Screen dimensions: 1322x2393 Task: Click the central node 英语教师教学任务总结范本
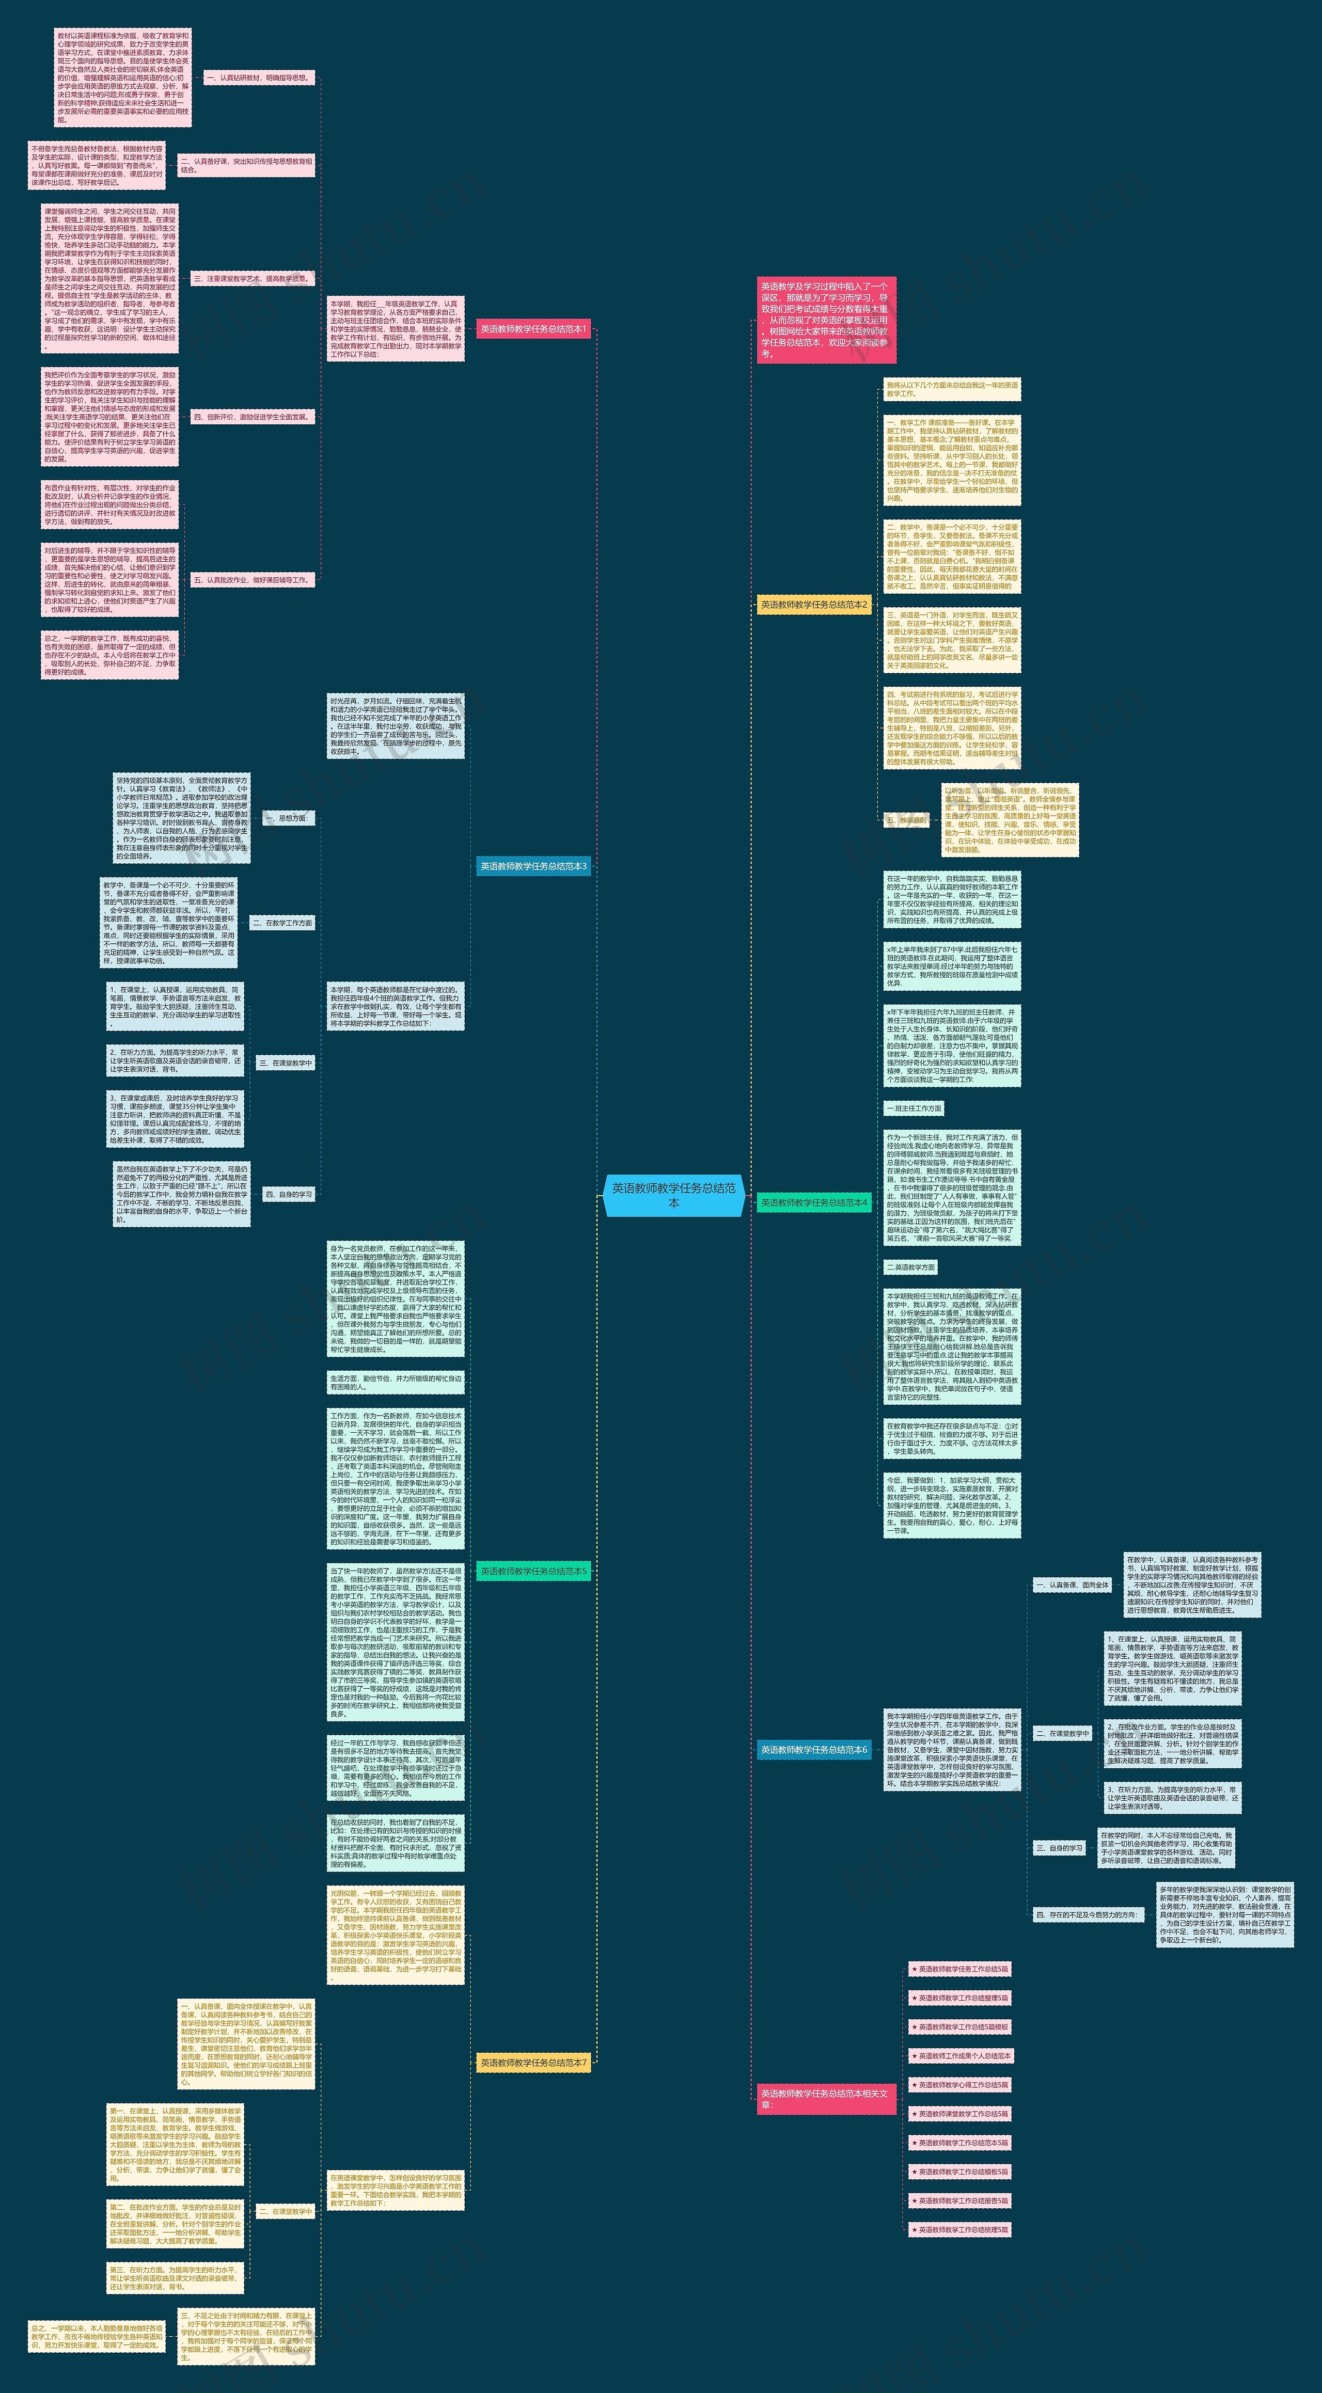(x=673, y=1195)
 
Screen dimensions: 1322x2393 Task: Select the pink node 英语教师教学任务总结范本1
(x=533, y=329)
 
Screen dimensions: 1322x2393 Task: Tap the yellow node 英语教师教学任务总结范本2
(x=814, y=605)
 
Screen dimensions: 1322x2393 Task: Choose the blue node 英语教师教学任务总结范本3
(x=533, y=866)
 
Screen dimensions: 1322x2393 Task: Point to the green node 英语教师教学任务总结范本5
(x=533, y=1571)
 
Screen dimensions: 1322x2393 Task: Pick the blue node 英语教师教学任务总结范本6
(x=814, y=1749)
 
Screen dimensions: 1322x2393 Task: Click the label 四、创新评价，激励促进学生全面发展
(x=252, y=417)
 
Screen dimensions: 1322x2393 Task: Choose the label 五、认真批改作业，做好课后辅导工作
(x=252, y=580)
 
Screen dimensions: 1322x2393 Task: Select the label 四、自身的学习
(x=288, y=1195)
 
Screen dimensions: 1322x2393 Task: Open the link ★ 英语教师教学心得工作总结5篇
(x=959, y=2085)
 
